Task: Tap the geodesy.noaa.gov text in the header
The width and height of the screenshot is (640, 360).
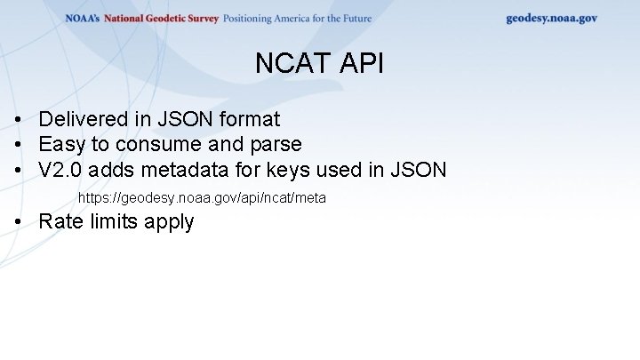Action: [x=551, y=18]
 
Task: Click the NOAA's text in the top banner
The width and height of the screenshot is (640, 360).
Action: [x=83, y=19]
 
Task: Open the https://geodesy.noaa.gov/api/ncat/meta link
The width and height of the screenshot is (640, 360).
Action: [x=202, y=197]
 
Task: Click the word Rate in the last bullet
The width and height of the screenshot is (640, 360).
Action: [x=60, y=222]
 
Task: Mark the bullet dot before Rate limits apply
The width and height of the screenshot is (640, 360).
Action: [x=18, y=222]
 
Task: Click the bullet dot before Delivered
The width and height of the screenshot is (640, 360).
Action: [x=18, y=119]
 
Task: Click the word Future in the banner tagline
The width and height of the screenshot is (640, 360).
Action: [x=353, y=19]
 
